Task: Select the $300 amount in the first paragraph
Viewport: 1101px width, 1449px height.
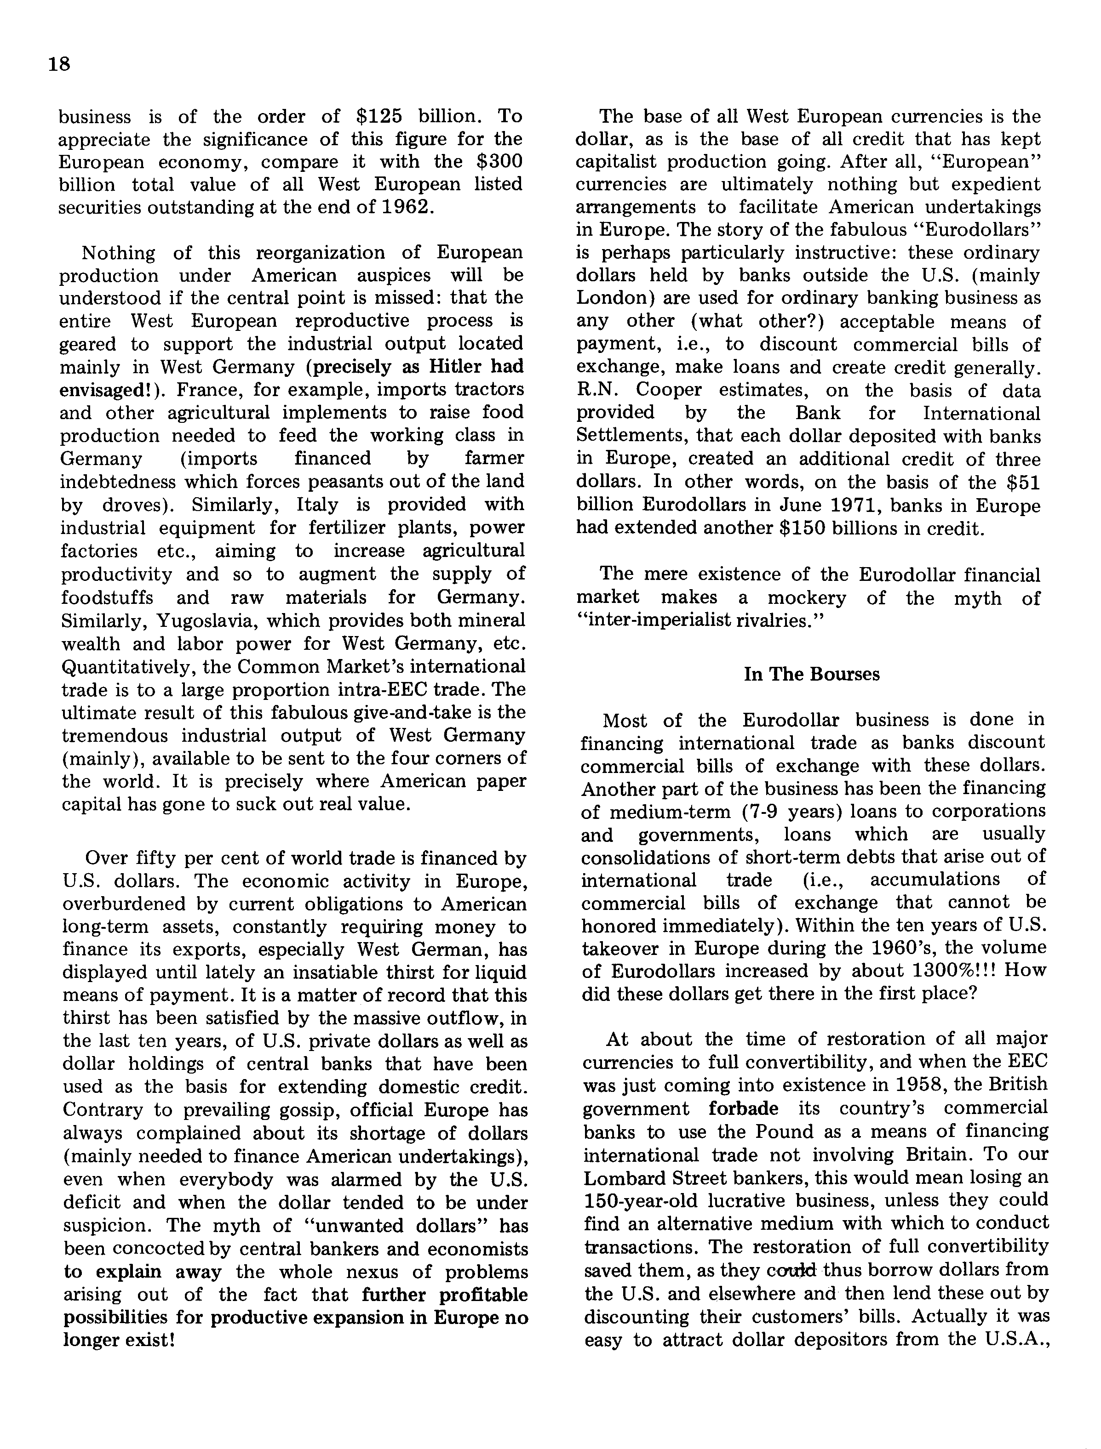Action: point(498,162)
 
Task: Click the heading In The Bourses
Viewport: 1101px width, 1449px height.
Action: point(811,674)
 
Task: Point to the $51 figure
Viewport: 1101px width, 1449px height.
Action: point(1024,482)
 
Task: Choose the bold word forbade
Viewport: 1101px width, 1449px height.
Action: point(744,1108)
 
